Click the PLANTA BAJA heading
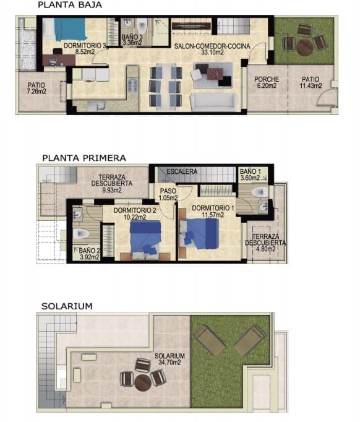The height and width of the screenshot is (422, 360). (69, 5)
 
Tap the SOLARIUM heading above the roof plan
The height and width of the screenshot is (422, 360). (67, 306)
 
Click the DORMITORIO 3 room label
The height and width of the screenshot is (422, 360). (80, 46)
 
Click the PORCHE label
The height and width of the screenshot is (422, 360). (267, 79)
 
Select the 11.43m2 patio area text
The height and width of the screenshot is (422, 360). (311, 87)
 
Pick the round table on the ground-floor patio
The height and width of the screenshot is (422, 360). (304, 46)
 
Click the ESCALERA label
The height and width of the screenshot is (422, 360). (182, 171)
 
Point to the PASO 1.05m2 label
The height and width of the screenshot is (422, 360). (168, 194)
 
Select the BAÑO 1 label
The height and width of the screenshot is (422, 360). (251, 171)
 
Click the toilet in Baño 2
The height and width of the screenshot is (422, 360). (82, 235)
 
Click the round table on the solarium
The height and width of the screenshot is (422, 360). (142, 382)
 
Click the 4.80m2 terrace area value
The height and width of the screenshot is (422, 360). (269, 251)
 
